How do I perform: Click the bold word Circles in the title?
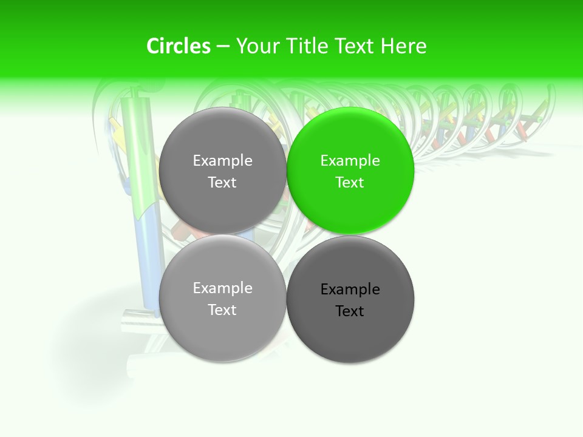pos(179,46)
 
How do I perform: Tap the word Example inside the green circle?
pos(350,161)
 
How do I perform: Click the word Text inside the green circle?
pos(350,183)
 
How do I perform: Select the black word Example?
pos(350,290)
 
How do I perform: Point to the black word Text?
pos(350,311)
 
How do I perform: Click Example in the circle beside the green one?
pos(222,161)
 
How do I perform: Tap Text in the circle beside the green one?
pos(222,183)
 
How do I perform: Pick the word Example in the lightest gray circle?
pos(222,288)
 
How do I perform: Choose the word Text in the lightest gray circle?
pos(222,310)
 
